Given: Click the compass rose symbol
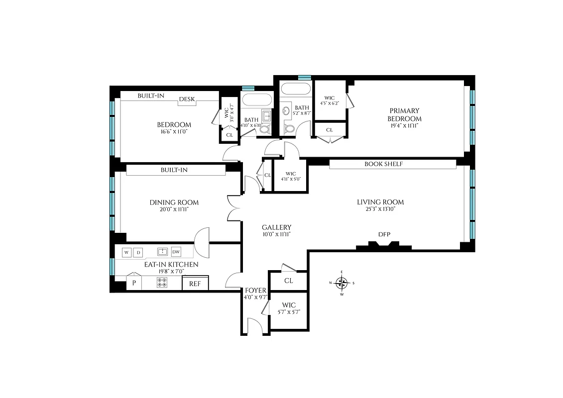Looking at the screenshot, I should point(341,283).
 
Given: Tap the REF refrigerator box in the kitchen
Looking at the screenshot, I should point(195,284).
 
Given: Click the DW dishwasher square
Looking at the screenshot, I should point(176,252).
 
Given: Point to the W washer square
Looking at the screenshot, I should point(126,252).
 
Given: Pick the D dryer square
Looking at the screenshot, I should point(139,252).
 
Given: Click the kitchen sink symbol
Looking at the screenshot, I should point(162,252).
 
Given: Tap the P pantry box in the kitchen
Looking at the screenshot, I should point(133,284).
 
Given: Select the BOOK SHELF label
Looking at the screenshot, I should point(383,164).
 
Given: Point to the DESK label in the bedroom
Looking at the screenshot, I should point(187,99).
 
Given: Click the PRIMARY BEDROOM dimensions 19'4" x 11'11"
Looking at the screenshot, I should point(405,126).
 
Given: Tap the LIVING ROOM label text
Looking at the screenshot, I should point(380,202).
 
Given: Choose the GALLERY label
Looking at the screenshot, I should point(276,227).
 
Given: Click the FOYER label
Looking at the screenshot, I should point(256,291).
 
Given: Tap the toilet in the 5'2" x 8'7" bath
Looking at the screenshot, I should point(289,128).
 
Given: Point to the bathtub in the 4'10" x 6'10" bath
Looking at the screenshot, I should point(257,99).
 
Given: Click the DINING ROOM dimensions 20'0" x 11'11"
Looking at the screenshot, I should point(174,209).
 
